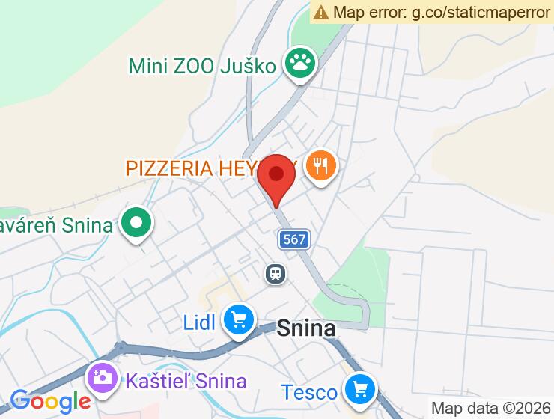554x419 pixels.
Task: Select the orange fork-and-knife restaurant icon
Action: pyautogui.click(x=322, y=166)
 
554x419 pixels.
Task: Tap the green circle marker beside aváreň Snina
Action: pyautogui.click(x=137, y=223)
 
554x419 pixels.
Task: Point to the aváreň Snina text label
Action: pyautogui.click(x=57, y=224)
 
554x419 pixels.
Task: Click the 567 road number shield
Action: pyautogui.click(x=294, y=239)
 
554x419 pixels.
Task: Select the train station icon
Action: pyautogui.click(x=276, y=273)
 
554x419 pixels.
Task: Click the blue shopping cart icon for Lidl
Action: pyautogui.click(x=239, y=321)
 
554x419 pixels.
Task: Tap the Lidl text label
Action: pyautogui.click(x=199, y=322)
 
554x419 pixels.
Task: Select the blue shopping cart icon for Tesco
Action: pyautogui.click(x=359, y=389)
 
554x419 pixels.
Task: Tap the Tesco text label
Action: pyautogui.click(x=308, y=391)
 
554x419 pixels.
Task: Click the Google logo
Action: pyautogui.click(x=50, y=400)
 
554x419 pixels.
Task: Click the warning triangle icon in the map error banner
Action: pyautogui.click(x=322, y=12)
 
